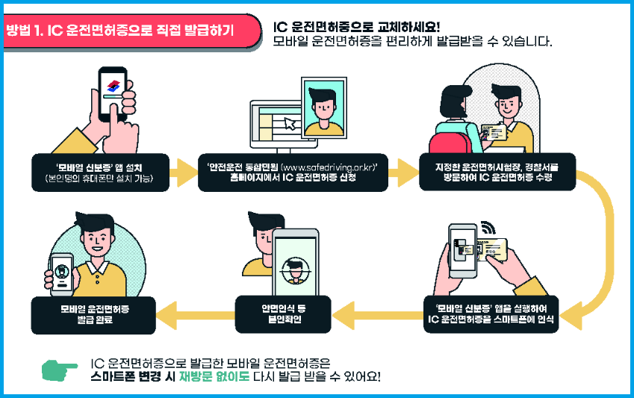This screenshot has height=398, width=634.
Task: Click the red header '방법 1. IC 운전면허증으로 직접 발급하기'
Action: (x=119, y=31)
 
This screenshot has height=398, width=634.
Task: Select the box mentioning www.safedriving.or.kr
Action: (x=293, y=172)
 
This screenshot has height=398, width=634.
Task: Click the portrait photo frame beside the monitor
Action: (x=323, y=108)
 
